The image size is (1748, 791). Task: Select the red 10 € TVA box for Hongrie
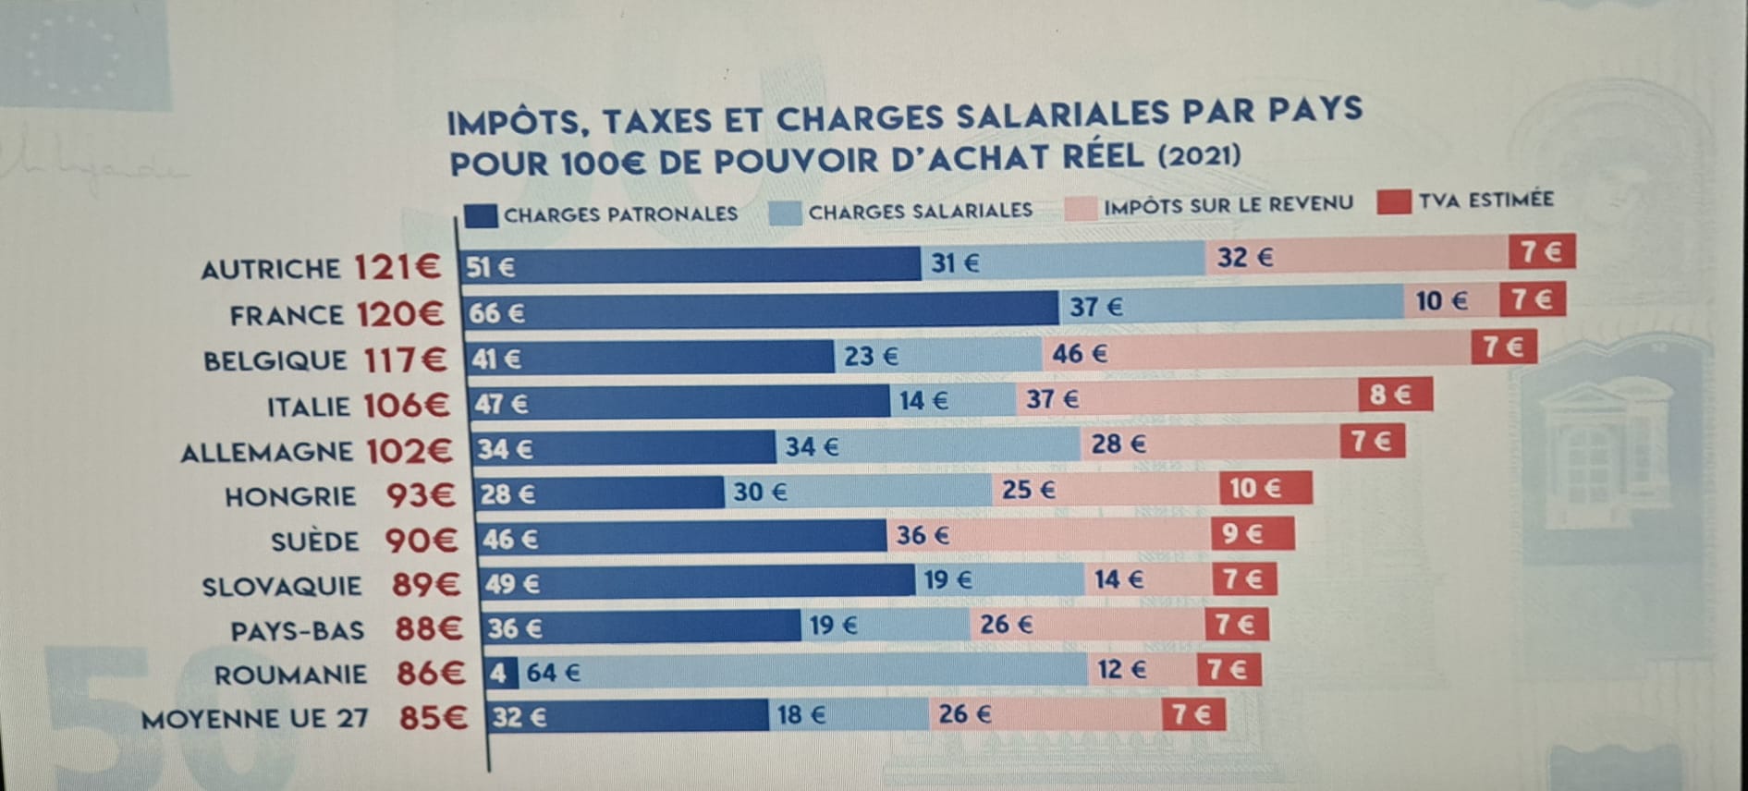click(1265, 488)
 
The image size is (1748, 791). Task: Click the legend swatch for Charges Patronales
click(481, 216)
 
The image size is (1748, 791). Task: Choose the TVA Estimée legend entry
click(1485, 200)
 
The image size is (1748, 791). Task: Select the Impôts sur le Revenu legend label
click(1228, 205)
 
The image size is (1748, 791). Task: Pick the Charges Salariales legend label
click(920, 212)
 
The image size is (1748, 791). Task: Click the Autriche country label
click(270, 269)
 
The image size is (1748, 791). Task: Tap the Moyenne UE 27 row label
click(254, 718)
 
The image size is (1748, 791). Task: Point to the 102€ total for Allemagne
click(409, 451)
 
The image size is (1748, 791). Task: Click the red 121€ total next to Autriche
click(397, 268)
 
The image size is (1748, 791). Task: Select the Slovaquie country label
click(281, 587)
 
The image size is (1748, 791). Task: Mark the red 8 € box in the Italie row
click(1395, 395)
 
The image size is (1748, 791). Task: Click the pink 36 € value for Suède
click(1048, 535)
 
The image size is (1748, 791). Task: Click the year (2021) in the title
click(1199, 154)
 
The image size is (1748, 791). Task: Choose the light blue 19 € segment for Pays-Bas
click(885, 626)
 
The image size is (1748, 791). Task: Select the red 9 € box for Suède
click(1252, 533)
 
